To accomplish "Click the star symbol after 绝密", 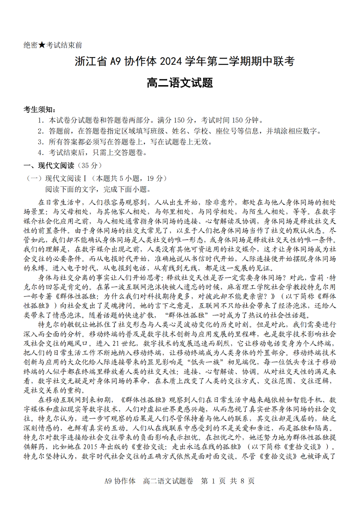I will tap(42, 45).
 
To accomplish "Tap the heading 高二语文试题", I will tap(180, 83).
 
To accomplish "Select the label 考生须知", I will tap(40, 110).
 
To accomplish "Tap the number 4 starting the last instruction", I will tap(40, 153).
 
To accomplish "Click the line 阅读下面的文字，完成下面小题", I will tap(98, 189).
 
